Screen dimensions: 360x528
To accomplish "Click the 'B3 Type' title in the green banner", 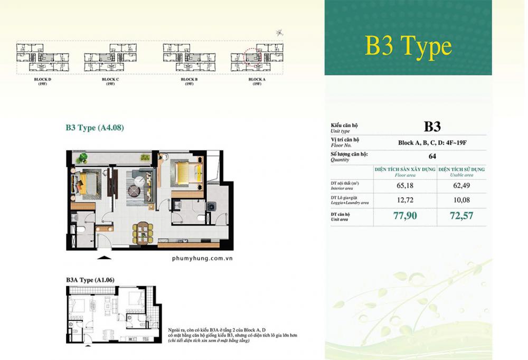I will pos(408,46).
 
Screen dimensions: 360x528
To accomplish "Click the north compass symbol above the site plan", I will pos(278,33).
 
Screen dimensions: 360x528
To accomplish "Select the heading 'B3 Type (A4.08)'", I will pos(95,127).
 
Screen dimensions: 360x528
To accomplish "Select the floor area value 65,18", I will pos(405,186).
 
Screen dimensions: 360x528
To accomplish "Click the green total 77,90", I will pos(404,216).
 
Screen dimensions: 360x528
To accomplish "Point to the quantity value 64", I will pos(432,156).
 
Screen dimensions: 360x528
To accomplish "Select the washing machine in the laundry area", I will pos(212,206).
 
